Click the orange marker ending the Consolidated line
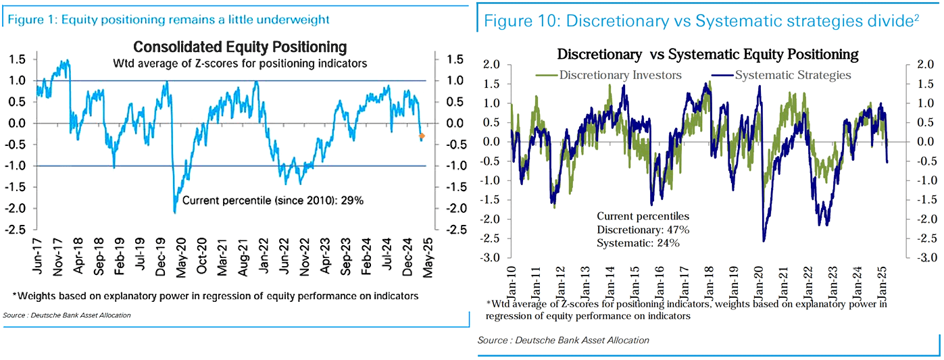tap(422, 136)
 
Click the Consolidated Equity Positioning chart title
tap(240, 47)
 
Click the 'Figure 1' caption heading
tap(169, 20)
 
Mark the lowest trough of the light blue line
tap(175, 213)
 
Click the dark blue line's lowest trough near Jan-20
tap(764, 240)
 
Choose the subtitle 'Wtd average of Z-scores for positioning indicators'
tap(240, 65)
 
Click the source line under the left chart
tap(67, 315)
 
